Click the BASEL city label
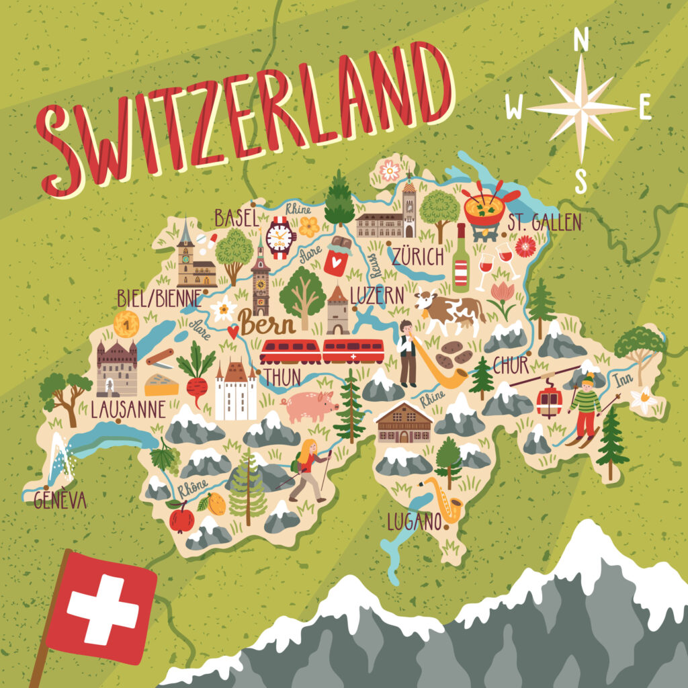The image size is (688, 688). tap(236, 217)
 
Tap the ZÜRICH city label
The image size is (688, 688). tap(418, 257)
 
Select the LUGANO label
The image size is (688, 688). tap(413, 521)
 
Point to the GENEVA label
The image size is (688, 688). tap(60, 500)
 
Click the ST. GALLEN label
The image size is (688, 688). tap(544, 223)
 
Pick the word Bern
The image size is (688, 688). tap(267, 325)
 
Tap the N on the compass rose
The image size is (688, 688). tap(580, 42)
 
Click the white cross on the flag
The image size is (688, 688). tap(103, 607)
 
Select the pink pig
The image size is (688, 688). tap(310, 406)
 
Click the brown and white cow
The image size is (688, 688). tap(451, 311)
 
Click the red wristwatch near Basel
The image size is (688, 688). tap(281, 236)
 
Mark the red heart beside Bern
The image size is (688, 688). tap(233, 331)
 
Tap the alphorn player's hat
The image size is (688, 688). tap(406, 324)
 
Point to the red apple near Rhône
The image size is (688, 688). tap(181, 519)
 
